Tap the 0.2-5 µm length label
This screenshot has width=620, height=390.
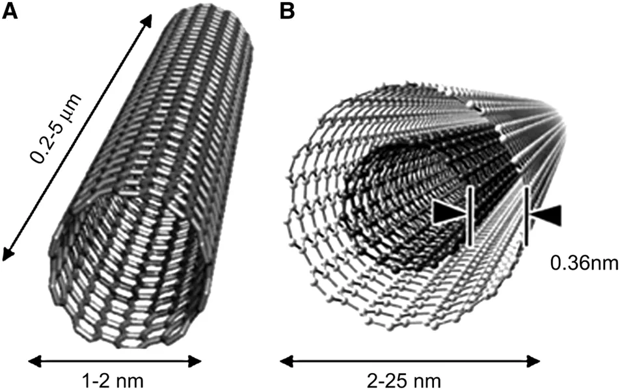57,129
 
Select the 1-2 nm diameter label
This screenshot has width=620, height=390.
113,381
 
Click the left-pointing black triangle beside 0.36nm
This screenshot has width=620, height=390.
547,216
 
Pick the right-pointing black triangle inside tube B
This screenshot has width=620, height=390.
448,213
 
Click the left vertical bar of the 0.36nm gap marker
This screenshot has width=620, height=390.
470,216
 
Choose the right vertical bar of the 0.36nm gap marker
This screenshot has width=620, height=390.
526,216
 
